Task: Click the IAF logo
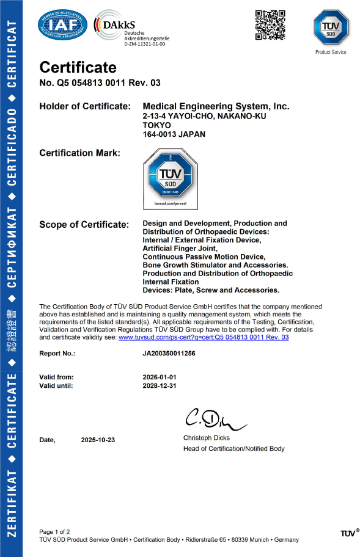[x=62, y=25]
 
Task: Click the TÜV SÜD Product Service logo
[x=331, y=27]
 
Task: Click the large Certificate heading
[x=78, y=67]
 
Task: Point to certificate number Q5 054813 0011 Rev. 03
[x=100, y=83]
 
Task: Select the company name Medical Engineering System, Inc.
[x=216, y=106]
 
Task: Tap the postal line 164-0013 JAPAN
[x=174, y=134]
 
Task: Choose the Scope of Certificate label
[x=84, y=224]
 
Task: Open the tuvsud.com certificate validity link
[x=203, y=337]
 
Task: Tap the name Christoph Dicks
[x=207, y=438]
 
